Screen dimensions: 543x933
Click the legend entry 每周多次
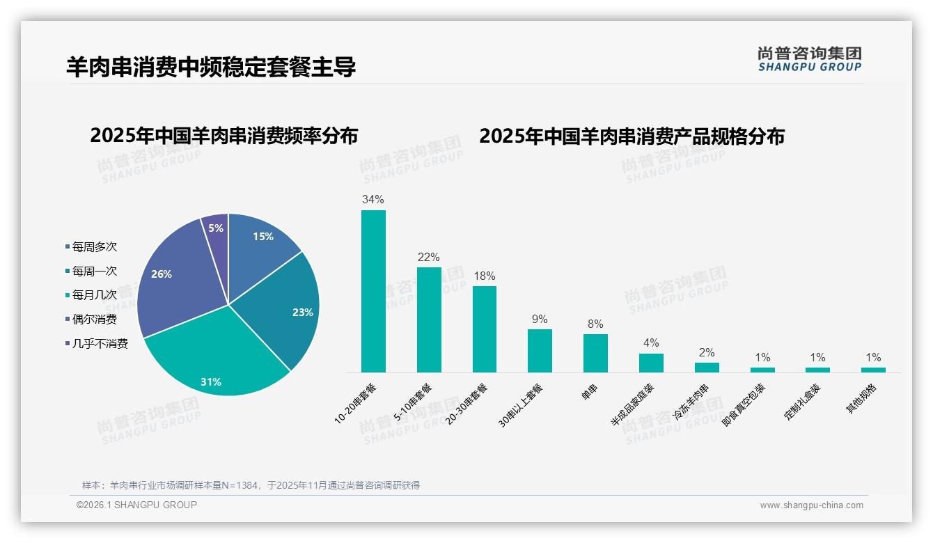[x=94, y=246]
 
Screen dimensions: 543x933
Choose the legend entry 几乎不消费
[x=100, y=343]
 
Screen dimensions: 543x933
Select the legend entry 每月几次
[x=94, y=295]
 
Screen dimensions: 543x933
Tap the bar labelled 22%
[x=429, y=320]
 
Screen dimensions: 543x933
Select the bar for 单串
[x=595, y=353]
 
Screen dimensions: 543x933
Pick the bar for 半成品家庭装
[x=651, y=363]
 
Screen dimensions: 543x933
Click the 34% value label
[x=373, y=200]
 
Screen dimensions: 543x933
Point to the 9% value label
[x=540, y=320]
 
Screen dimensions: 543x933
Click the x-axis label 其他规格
[x=862, y=400]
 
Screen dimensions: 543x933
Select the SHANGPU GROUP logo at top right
[x=809, y=59]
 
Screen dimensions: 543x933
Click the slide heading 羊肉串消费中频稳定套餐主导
[x=211, y=67]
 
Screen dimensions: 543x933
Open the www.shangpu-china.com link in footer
[x=811, y=505]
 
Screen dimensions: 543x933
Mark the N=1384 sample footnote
[x=251, y=485]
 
